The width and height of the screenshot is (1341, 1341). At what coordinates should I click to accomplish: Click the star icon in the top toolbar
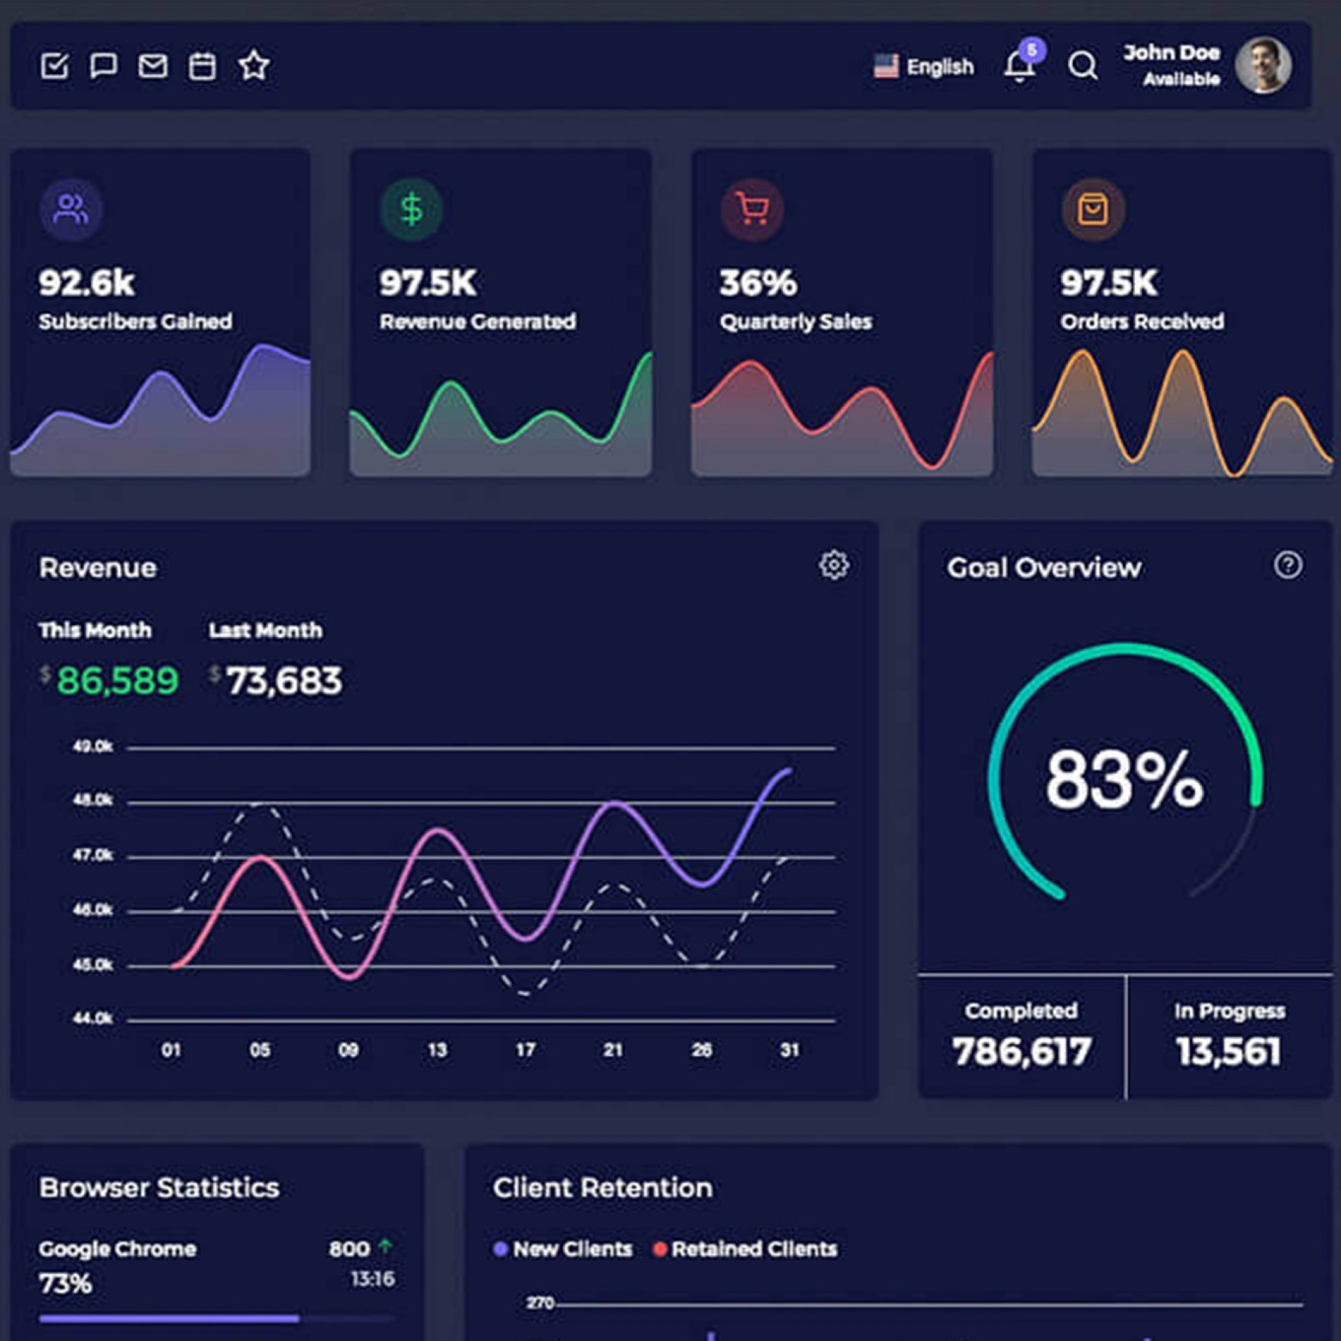point(254,66)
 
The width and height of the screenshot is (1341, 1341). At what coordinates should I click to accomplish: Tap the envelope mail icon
point(153,66)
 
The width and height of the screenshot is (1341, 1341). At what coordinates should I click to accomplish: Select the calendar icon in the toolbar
point(203,66)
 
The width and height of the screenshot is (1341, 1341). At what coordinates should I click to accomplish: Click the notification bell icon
point(1019,67)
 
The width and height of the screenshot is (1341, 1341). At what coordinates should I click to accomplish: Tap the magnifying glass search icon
point(1083,66)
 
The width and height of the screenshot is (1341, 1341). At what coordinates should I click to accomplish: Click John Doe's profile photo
point(1263,66)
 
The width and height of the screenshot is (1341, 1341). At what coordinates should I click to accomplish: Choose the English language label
point(939,67)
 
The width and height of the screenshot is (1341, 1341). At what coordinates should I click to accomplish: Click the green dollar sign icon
point(411,209)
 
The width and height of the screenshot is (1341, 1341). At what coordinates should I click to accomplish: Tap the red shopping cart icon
point(752,209)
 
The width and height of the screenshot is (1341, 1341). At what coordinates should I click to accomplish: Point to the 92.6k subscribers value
point(87,283)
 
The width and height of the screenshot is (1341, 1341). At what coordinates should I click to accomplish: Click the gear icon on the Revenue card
point(834,565)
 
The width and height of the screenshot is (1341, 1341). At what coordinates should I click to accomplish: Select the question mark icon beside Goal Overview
point(1288,565)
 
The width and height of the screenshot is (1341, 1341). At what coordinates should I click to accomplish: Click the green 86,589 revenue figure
point(117,680)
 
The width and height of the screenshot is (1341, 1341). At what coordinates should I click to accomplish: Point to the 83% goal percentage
point(1124,779)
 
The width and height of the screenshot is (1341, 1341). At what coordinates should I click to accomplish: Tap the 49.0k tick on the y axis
point(93,747)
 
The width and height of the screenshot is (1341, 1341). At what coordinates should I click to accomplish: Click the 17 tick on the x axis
point(525,1050)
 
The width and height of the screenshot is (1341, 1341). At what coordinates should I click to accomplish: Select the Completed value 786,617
point(1021,1051)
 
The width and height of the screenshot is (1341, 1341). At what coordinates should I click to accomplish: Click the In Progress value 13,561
point(1229,1051)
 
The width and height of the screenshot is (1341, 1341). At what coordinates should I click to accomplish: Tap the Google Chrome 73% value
point(66,1283)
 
